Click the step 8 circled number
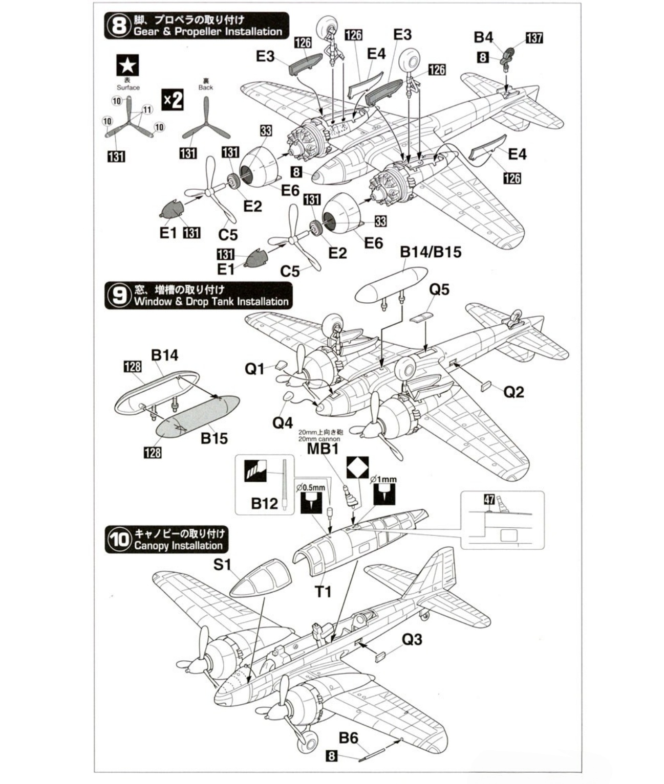point(119,26)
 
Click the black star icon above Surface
point(127,65)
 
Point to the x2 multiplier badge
point(172,99)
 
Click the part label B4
point(483,37)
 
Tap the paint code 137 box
point(534,38)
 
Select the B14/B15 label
point(431,252)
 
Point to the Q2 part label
point(514,392)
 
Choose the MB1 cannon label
point(323,449)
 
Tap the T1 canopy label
point(323,592)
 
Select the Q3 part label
point(412,639)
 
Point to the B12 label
point(264,504)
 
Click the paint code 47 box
point(489,499)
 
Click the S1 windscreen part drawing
point(259,578)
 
